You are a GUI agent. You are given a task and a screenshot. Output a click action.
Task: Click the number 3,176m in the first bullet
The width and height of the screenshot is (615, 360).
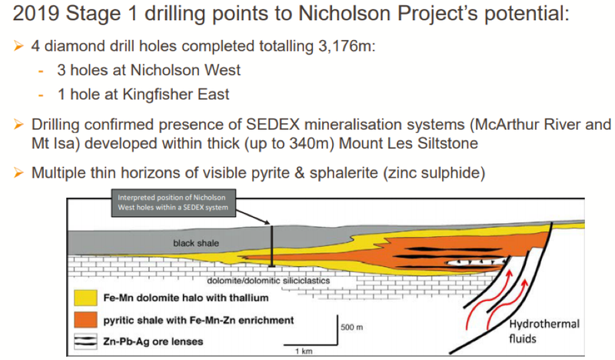coord(344,46)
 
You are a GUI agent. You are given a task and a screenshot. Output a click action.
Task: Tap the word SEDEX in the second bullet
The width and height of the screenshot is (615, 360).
coord(272,125)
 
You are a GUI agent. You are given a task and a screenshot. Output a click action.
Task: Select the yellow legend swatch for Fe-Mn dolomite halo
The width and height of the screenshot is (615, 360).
coord(85,298)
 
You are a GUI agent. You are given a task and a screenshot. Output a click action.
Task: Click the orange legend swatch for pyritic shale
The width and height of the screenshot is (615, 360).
coord(85,320)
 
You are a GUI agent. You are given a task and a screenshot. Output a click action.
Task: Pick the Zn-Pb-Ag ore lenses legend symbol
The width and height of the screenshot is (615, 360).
coord(85,342)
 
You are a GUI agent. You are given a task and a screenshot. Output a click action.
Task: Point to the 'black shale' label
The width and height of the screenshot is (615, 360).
coord(196,243)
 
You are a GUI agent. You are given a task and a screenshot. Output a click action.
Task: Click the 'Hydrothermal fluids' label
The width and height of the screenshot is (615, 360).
coord(544,331)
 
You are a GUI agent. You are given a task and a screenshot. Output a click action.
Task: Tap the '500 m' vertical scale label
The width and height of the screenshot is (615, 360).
coord(352,327)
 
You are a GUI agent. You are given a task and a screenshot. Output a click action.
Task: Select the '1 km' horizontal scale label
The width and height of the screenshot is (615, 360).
coord(304,351)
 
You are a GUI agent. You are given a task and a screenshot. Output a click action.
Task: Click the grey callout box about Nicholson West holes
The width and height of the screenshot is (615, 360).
coord(174,203)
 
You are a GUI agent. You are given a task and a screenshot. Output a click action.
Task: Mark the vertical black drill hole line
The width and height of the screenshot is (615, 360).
coord(271,245)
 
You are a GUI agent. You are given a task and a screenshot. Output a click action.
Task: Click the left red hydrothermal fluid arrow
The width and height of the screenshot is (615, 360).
coord(488,299)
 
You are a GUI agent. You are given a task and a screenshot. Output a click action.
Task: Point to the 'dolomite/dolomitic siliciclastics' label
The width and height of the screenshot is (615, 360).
coord(268,281)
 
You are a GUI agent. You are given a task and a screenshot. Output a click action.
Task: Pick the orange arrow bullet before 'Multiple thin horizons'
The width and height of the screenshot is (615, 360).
coord(18,172)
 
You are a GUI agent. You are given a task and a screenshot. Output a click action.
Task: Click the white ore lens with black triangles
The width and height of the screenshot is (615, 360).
coord(476,262)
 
